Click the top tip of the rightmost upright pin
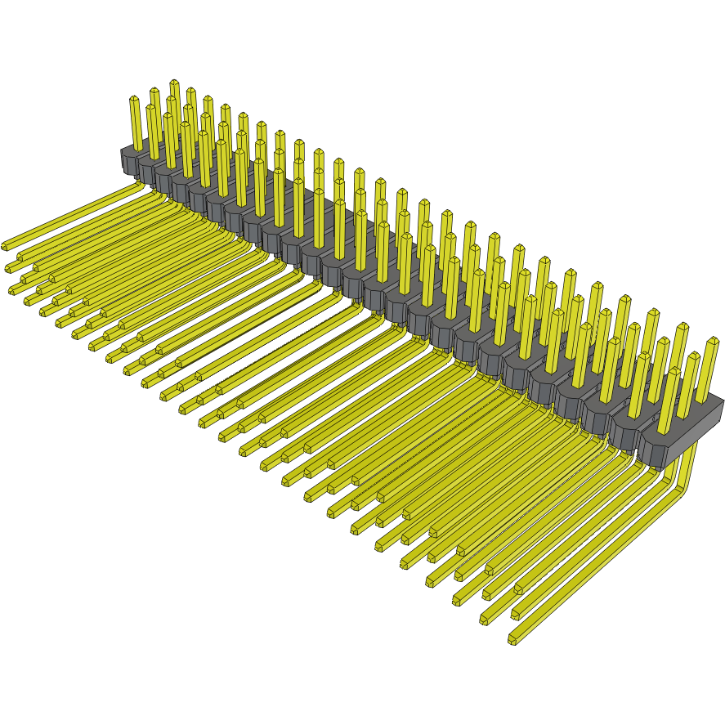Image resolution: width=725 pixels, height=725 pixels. (x=712, y=342)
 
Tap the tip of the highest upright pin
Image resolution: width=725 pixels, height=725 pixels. (x=174, y=83)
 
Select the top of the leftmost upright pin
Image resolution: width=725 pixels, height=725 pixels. (x=134, y=100)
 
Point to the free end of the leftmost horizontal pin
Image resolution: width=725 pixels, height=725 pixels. (x=5, y=245)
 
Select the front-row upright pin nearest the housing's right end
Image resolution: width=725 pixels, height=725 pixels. (x=669, y=401)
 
